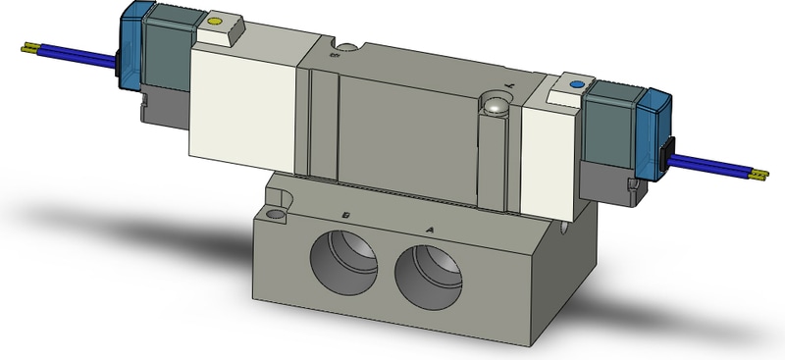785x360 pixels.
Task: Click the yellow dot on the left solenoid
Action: [x=215, y=20]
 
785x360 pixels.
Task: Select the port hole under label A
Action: [x=428, y=265]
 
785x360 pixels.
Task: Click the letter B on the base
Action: [x=346, y=215]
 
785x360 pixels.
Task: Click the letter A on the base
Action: [x=429, y=229]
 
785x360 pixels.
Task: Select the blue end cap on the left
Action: [x=133, y=49]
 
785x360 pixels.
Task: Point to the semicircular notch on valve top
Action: [x=345, y=46]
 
